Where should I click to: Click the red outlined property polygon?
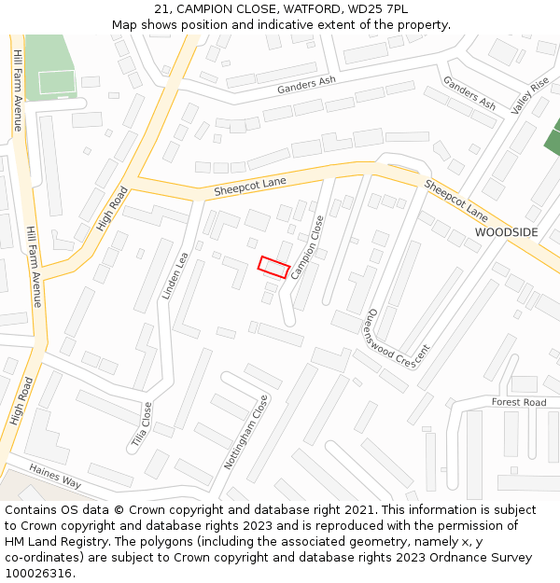pos(273,267)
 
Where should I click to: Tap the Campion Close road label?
pos(308,247)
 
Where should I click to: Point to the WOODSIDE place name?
pos(506,231)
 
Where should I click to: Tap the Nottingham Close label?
pos(245,431)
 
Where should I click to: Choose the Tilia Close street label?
pos(141,424)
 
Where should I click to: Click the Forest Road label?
pos(519,402)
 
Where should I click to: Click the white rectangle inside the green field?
pos(56,82)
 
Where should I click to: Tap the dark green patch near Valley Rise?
pos(553,142)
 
